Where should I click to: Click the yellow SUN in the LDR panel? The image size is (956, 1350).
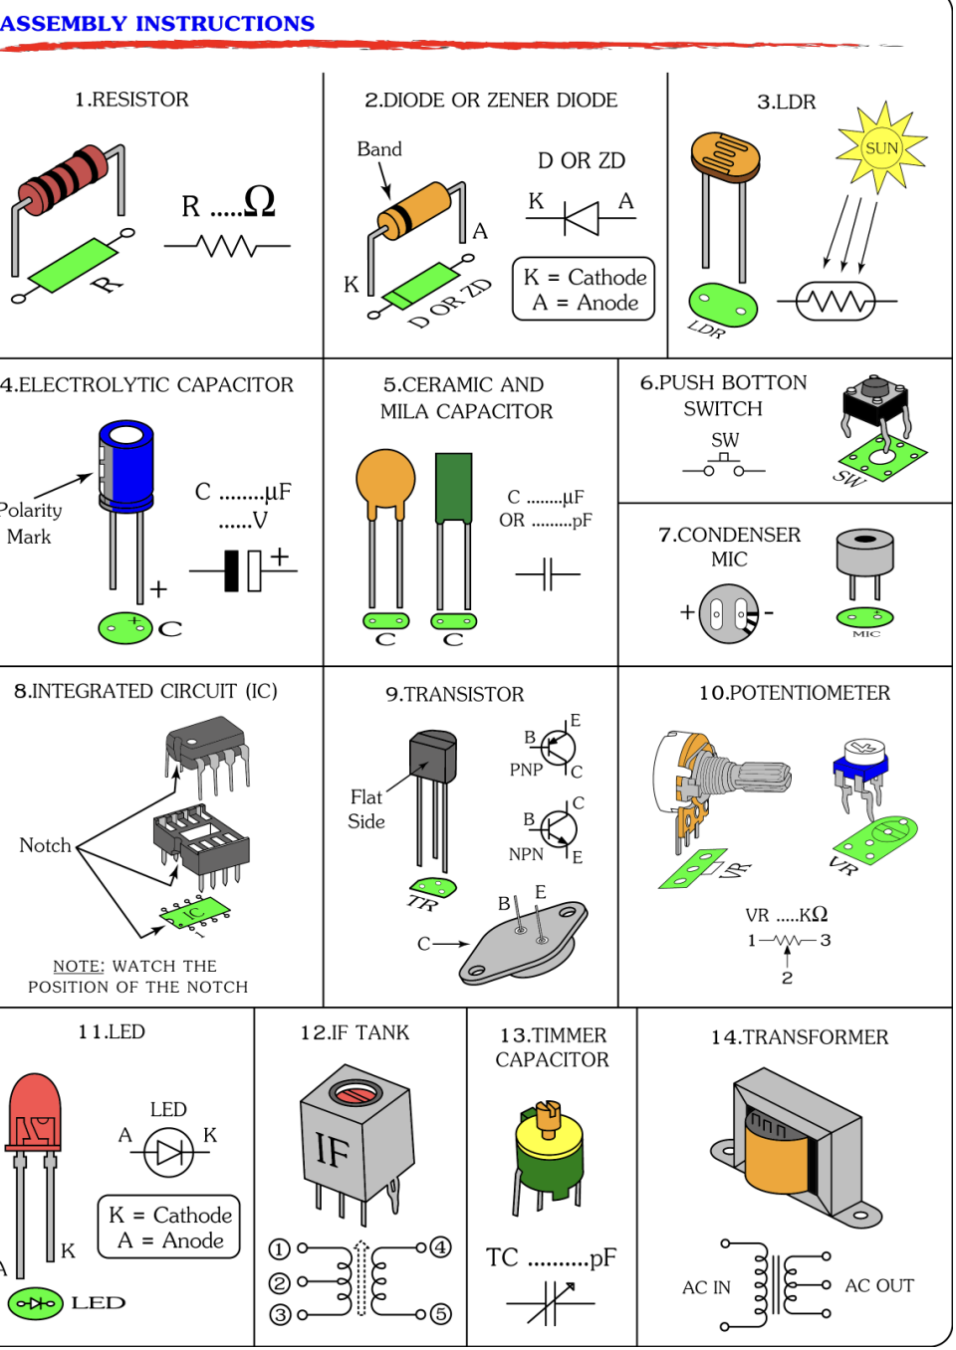pos(881,148)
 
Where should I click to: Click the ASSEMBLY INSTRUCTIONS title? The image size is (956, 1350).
pos(157,23)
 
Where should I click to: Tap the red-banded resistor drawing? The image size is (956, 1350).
pos(63,180)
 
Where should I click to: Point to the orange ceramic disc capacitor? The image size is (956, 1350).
pos(385,481)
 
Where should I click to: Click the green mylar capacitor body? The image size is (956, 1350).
pos(454,488)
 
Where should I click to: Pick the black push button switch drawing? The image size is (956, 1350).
pos(875,403)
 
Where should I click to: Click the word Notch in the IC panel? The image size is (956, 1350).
pos(45,845)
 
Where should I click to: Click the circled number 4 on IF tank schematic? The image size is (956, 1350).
pos(441,1247)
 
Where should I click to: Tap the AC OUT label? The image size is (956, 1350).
pos(879,1285)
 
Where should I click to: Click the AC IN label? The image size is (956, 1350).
pos(706,1287)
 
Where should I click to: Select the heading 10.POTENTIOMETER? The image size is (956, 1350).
pos(794,693)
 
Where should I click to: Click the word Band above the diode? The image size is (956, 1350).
pos(379,149)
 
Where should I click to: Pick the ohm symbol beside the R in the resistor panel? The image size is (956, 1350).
pos(259,202)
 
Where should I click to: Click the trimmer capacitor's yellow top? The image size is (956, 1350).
pos(549,1137)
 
